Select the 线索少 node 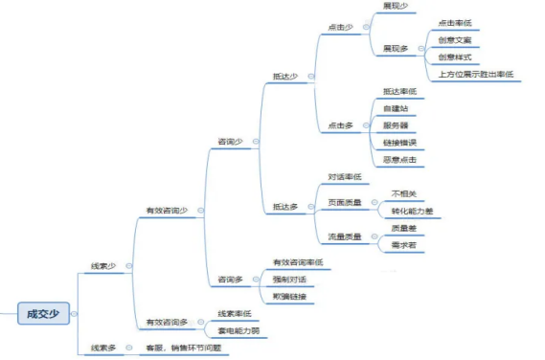pyautogui.click(x=103, y=265)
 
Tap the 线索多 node pyautogui.click(x=103, y=348)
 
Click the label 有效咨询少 pyautogui.click(x=167, y=210)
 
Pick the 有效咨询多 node pyautogui.click(x=167, y=322)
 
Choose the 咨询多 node pyautogui.click(x=230, y=280)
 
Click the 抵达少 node pyautogui.click(x=285, y=75)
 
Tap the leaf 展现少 pyautogui.click(x=395, y=6)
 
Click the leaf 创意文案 pyautogui.click(x=453, y=39)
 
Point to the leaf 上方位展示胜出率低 pyautogui.click(x=476, y=74)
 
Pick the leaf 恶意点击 pyautogui.click(x=399, y=159)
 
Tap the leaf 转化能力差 pyautogui.click(x=411, y=211)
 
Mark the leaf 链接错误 pyautogui.click(x=399, y=142)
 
